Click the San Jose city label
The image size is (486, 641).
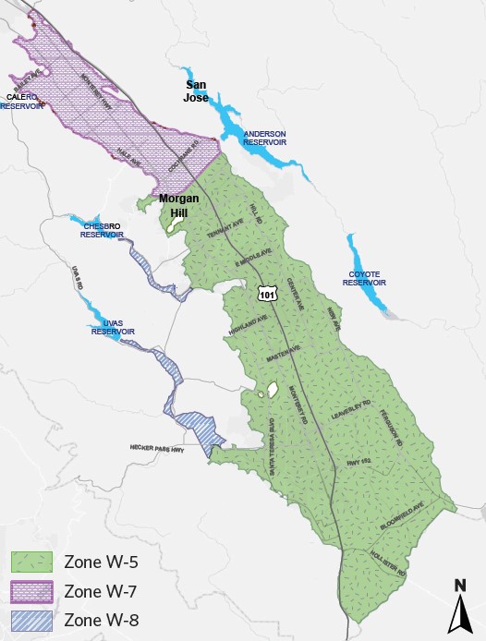[195, 91]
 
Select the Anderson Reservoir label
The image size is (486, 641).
[264, 139]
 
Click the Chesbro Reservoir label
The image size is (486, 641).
[102, 230]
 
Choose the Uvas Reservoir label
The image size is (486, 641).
[114, 327]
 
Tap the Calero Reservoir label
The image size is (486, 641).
[22, 102]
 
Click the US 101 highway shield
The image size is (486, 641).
[267, 294]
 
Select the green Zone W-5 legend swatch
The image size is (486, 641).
[32, 561]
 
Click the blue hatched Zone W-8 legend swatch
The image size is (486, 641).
[32, 619]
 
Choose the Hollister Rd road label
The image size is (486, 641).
[388, 564]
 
